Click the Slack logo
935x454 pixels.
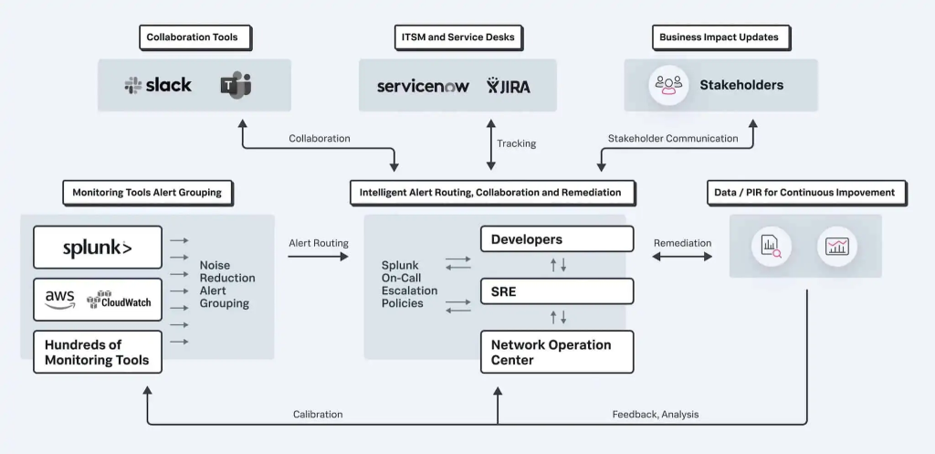(158, 85)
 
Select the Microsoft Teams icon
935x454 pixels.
(235, 86)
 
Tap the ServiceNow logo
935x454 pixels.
(423, 86)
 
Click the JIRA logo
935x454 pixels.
(509, 86)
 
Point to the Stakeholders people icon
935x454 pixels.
(668, 85)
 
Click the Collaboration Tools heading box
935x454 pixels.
(194, 37)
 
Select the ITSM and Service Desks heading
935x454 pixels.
(457, 37)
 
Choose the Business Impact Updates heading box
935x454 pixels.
(720, 37)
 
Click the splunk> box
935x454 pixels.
(98, 248)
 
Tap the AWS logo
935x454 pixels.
(59, 299)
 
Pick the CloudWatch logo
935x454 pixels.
(119, 300)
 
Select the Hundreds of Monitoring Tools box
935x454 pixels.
(98, 352)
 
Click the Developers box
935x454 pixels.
(556, 239)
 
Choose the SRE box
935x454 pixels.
(556, 291)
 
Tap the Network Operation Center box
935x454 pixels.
(556, 352)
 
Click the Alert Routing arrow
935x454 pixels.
(318, 257)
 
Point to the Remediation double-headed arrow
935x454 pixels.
(682, 257)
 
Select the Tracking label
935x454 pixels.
(517, 143)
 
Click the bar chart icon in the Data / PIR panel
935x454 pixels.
(837, 246)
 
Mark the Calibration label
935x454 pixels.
(318, 414)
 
